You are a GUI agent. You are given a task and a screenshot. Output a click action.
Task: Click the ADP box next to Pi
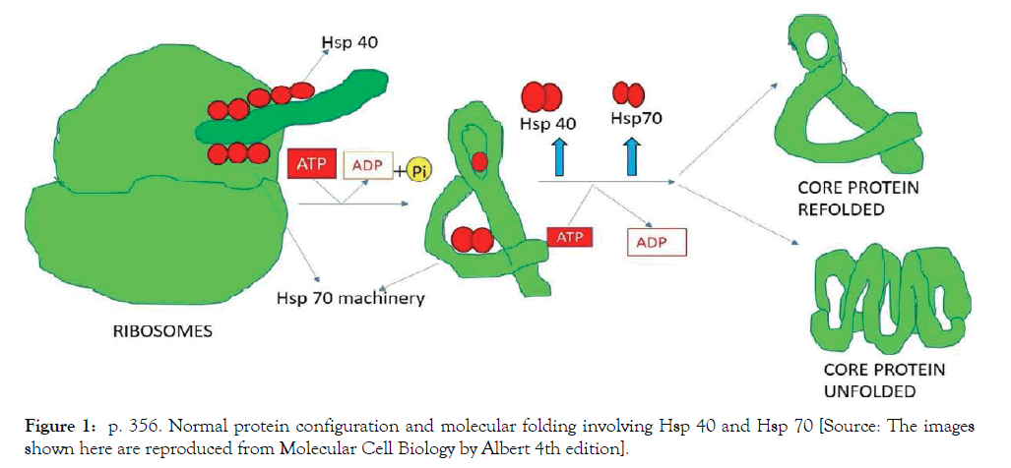point(367,166)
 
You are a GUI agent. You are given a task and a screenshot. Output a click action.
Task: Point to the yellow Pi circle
point(420,169)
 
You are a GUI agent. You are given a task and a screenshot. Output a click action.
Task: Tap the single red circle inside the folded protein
point(478,162)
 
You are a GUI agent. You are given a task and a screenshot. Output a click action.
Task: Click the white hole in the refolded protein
point(815,44)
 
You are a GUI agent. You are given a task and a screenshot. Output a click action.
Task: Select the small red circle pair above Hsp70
point(628,94)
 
